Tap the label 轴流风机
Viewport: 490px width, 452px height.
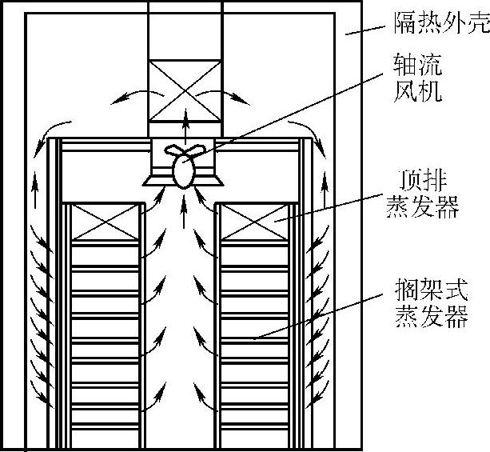click(x=417, y=78)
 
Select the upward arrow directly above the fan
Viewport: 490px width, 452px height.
click(x=185, y=124)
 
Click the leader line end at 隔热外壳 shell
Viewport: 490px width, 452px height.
click(x=349, y=33)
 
